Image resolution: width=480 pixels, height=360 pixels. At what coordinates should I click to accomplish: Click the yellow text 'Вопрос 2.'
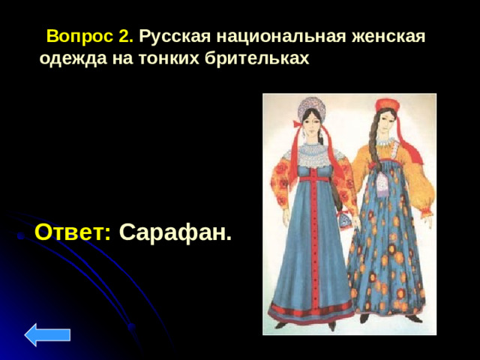coord(90,36)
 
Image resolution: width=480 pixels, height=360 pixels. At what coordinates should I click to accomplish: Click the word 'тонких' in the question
coord(169,58)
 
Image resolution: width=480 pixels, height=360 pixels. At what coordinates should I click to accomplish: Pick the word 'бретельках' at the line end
coord(256,58)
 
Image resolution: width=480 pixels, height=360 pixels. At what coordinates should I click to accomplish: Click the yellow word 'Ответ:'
coord(73,232)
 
